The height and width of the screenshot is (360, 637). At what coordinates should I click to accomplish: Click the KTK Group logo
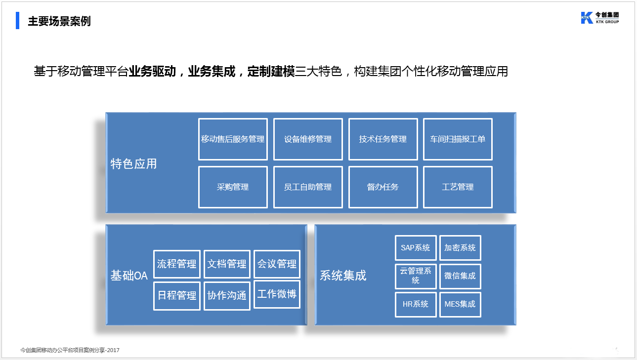(x=600, y=18)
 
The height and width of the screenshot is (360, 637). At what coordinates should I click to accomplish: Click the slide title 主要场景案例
(x=59, y=21)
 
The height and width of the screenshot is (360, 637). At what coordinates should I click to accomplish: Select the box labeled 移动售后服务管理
(x=233, y=139)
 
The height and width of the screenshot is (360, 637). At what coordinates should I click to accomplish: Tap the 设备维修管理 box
(x=308, y=139)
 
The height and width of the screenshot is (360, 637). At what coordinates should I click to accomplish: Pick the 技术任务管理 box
(x=383, y=139)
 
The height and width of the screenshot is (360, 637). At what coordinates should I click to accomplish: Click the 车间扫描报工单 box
(x=458, y=139)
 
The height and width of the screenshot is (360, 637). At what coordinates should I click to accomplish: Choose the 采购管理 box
(x=233, y=187)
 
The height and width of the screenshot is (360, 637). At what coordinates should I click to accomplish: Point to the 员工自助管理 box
(x=308, y=187)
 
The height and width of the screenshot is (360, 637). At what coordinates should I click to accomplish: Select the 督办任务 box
(x=383, y=187)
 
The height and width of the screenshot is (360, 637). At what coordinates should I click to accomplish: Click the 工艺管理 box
(x=458, y=187)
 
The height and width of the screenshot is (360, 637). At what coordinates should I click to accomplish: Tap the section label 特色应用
(x=133, y=164)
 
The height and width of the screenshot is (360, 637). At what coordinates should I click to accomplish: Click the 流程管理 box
(x=176, y=264)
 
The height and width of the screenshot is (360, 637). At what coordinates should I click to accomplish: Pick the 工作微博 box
(x=277, y=294)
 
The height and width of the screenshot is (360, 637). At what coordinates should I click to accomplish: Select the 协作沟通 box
(x=227, y=296)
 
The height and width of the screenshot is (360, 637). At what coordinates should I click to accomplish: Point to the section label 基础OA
(x=129, y=276)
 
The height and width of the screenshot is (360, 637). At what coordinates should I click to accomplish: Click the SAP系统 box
(x=416, y=248)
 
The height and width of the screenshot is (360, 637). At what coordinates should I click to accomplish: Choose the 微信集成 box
(x=460, y=276)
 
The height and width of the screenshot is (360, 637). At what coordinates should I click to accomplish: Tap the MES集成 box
(x=460, y=304)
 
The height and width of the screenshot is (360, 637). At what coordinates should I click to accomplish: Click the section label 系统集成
(x=343, y=276)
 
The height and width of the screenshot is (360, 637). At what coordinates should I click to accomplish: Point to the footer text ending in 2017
(x=70, y=350)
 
